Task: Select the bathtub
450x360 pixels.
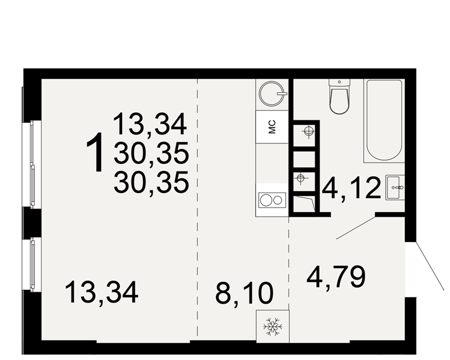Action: point(383,121)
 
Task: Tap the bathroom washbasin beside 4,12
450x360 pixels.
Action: point(395,188)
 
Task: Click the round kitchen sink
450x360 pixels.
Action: point(272,94)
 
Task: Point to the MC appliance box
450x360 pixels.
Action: point(272,127)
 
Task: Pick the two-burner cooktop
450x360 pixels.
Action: point(272,200)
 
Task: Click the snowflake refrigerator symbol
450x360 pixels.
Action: point(273,326)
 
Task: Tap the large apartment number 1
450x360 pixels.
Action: point(95,152)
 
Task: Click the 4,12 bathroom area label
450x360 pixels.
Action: point(351,189)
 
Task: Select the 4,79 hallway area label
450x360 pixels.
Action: point(336,277)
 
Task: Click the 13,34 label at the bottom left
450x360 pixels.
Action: point(102,292)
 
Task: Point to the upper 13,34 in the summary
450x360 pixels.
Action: point(150,124)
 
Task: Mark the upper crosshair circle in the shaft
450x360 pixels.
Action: point(309,132)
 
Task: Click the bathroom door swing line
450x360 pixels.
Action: point(356,228)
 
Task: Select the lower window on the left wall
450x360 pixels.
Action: point(32,265)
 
